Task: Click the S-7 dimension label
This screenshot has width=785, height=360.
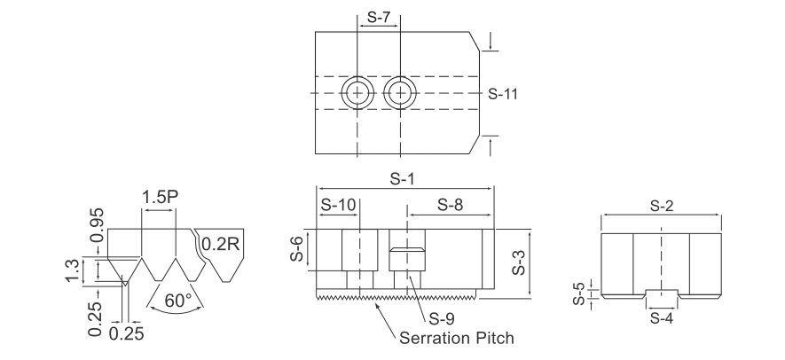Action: point(378,17)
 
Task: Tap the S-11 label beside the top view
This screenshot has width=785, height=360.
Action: point(505,92)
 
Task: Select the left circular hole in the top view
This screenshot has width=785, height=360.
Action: point(358,91)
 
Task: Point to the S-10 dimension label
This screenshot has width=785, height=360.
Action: point(338,204)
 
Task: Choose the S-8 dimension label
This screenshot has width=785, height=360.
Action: point(451,204)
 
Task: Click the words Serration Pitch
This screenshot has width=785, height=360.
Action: point(457,338)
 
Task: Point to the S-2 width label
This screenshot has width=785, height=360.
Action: point(660,206)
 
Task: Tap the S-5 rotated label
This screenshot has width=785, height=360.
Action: point(577,292)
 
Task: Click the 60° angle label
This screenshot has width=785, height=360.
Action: point(178,301)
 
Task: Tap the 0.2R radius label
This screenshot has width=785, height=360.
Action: point(220,243)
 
